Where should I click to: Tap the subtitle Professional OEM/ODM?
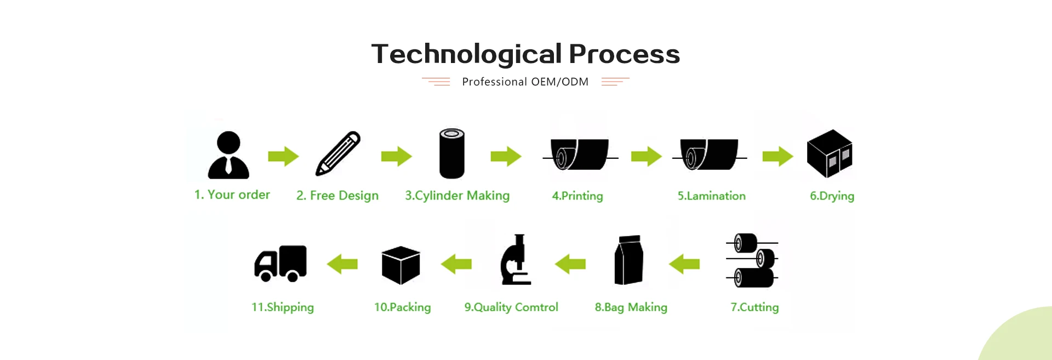525,82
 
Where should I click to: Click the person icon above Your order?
228,155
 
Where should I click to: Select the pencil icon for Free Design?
338,153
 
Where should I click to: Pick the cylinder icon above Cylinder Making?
452,153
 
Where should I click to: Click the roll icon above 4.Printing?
580,155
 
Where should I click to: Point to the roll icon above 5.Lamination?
709,155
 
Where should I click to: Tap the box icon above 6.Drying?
830,153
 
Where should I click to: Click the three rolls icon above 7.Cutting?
752,260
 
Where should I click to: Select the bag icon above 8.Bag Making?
628,260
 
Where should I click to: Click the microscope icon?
516,260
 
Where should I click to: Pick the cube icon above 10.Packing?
401,265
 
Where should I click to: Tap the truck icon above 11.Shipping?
281,264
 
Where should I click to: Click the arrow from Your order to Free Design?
283,156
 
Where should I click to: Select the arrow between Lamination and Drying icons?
777,156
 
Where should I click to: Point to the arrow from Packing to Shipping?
342,264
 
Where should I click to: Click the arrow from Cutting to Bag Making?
684,264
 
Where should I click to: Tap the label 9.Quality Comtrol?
511,307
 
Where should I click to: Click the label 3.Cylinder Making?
457,196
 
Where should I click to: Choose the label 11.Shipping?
283,307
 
